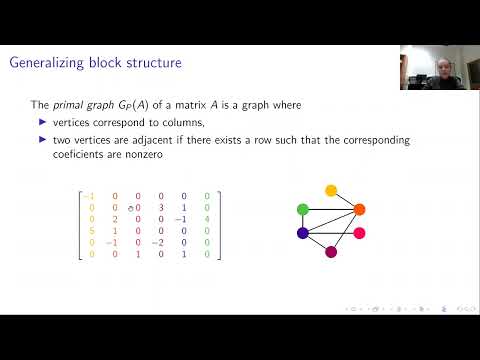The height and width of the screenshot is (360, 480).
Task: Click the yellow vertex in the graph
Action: click(x=331, y=190)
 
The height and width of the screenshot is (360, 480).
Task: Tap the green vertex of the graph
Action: click(x=303, y=210)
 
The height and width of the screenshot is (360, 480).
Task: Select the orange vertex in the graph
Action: click(x=360, y=210)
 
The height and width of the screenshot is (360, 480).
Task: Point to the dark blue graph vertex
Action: click(x=303, y=232)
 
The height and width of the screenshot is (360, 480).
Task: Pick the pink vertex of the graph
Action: click(x=360, y=232)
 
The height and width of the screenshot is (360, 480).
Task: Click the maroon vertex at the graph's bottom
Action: click(x=331, y=252)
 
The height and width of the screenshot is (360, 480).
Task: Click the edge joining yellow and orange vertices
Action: click(x=346, y=200)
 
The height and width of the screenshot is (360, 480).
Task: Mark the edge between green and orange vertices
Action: click(x=331, y=210)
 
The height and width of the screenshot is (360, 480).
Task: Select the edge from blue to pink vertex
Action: click(x=331, y=232)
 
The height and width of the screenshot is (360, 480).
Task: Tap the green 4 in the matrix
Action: click(x=207, y=220)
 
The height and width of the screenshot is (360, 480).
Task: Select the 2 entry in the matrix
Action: click(x=115, y=220)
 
